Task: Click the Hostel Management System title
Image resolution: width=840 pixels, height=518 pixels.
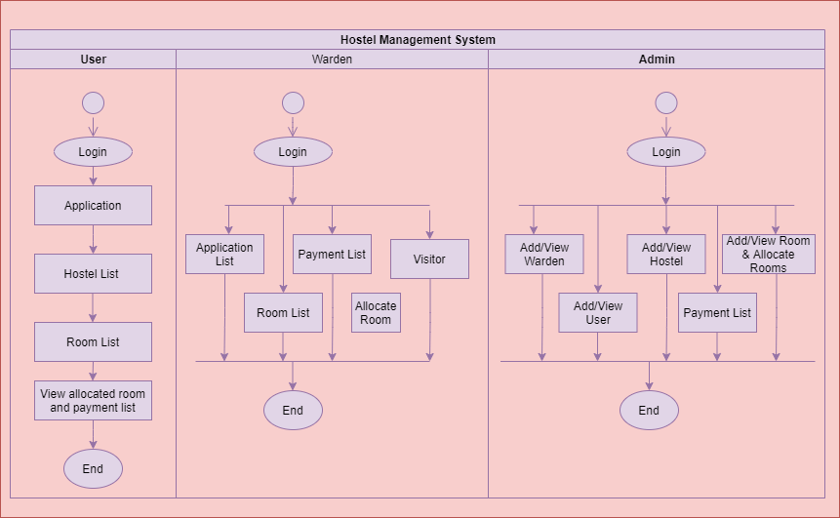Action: tap(418, 40)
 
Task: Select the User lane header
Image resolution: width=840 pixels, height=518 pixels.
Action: tap(93, 60)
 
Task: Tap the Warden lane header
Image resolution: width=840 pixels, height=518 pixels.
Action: tap(332, 60)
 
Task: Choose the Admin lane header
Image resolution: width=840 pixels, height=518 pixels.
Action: tap(657, 60)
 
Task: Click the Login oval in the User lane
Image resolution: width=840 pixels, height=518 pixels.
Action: tap(93, 152)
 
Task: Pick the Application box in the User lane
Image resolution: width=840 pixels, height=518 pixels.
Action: tap(93, 206)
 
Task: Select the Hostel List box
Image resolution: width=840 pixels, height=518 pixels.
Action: tap(93, 274)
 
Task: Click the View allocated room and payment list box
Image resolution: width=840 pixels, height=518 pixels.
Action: tap(93, 401)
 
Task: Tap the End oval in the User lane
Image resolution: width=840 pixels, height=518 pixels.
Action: tap(93, 469)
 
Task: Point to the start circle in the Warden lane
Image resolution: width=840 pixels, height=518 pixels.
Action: tap(293, 102)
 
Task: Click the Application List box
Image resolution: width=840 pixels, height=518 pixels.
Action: tap(224, 255)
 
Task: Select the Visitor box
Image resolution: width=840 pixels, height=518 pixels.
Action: tap(429, 259)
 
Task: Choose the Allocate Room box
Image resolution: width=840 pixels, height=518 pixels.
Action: tap(376, 313)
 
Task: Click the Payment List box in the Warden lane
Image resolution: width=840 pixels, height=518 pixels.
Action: tap(332, 255)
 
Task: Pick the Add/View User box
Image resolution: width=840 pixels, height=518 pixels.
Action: tap(598, 313)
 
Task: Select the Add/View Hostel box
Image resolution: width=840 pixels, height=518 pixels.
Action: tap(666, 255)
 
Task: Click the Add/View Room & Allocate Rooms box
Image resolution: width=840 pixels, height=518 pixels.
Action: tap(769, 254)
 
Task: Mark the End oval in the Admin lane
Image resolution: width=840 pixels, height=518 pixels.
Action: tap(649, 411)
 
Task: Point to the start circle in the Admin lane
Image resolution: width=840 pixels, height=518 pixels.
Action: tap(666, 102)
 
